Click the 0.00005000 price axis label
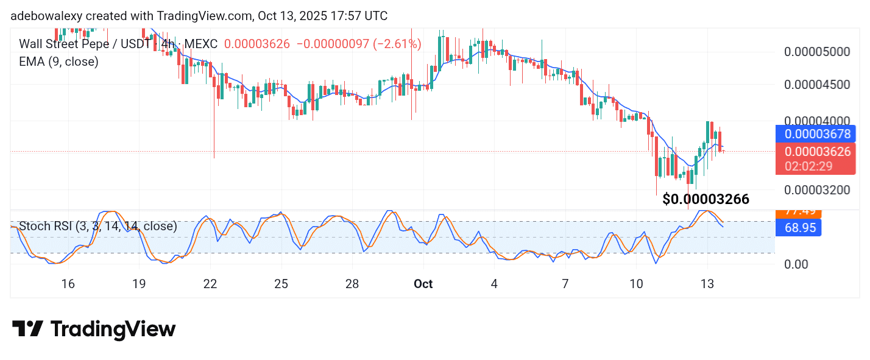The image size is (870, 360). pyautogui.click(x=816, y=51)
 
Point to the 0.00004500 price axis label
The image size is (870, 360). pyautogui.click(x=816, y=84)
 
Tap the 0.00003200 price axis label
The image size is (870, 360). pyautogui.click(x=816, y=189)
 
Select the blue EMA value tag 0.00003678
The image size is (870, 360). pyautogui.click(x=817, y=133)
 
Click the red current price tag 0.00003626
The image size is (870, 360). pyautogui.click(x=817, y=152)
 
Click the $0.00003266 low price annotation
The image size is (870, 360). pyautogui.click(x=706, y=199)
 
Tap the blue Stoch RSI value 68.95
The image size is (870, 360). pyautogui.click(x=798, y=228)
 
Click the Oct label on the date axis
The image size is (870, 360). pyautogui.click(x=423, y=284)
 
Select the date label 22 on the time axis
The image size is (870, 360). pyautogui.click(x=210, y=284)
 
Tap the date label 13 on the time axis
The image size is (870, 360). pyautogui.click(x=707, y=284)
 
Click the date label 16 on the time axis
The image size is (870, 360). pyautogui.click(x=68, y=284)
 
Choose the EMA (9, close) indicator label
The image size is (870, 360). pyautogui.click(x=58, y=62)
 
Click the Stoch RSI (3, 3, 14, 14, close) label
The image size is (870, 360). pyautogui.click(x=98, y=227)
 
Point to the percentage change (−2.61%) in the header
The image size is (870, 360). pyautogui.click(x=397, y=44)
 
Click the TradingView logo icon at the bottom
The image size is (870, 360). pyautogui.click(x=27, y=329)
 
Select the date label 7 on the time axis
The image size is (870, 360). pyautogui.click(x=565, y=284)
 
